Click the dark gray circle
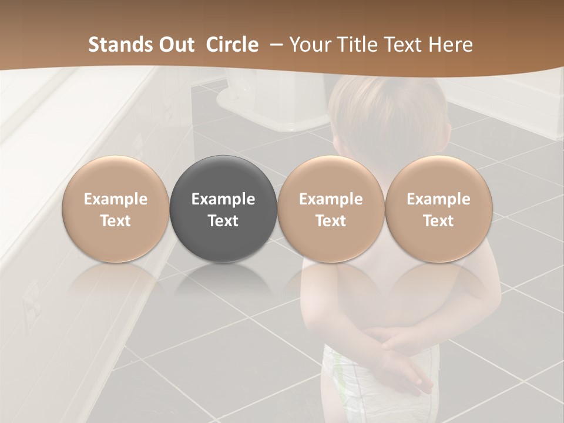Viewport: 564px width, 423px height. pyautogui.click(x=223, y=209)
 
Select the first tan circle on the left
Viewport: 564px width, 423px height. pyautogui.click(x=116, y=209)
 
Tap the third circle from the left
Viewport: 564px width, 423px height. pyautogui.click(x=331, y=209)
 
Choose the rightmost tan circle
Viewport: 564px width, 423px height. pyautogui.click(x=438, y=209)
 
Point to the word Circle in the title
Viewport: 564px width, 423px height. pyautogui.click(x=232, y=45)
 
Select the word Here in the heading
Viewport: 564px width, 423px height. pyautogui.click(x=450, y=45)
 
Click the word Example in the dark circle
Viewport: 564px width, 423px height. pyautogui.click(x=223, y=199)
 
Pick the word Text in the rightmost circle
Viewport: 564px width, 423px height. pyautogui.click(x=438, y=221)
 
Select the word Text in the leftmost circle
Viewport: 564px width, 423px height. pyautogui.click(x=116, y=221)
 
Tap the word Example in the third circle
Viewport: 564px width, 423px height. pyautogui.click(x=331, y=199)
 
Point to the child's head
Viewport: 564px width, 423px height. pyautogui.click(x=388, y=112)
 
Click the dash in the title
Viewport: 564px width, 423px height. pyautogui.click(x=274, y=45)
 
